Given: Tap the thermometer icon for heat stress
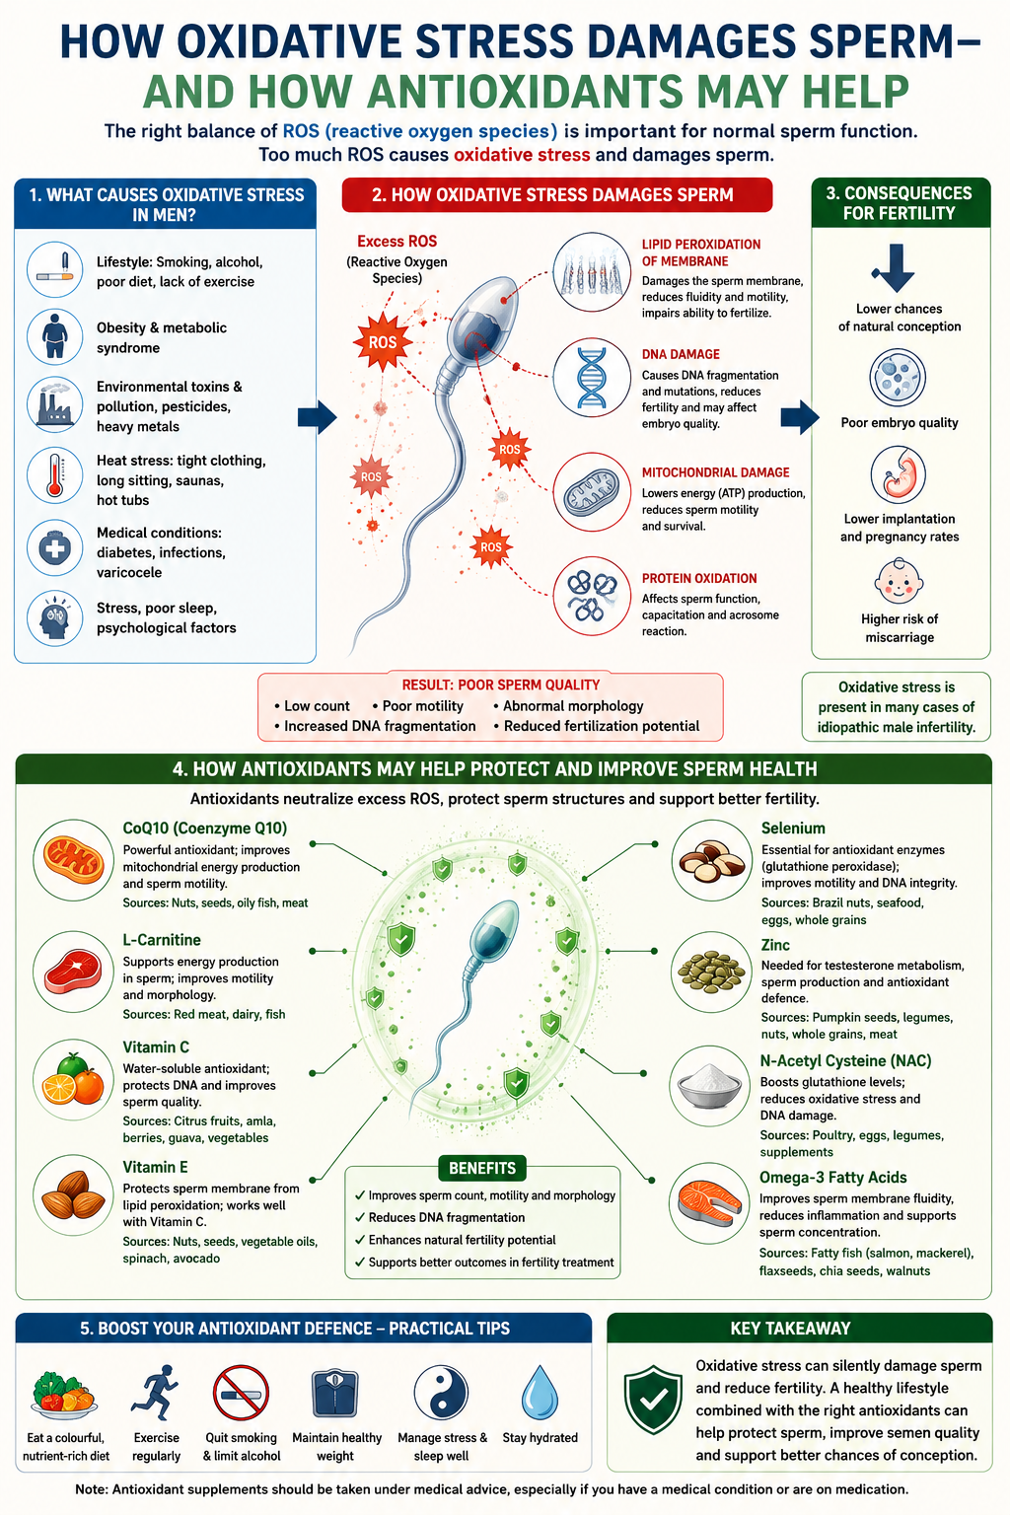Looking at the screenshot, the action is coord(55,474).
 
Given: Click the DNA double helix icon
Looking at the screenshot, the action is coord(592,378).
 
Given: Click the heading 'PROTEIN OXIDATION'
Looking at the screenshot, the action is coord(699,578).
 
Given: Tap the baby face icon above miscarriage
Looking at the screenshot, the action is coord(898,581).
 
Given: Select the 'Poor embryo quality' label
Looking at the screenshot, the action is coord(900,423).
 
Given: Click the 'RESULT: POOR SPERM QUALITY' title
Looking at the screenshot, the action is coord(501,685).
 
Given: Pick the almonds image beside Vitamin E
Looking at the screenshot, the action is coord(73,1194).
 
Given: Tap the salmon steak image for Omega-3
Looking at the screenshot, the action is coord(709,1203).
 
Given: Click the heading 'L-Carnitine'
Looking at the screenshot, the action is coord(161,939).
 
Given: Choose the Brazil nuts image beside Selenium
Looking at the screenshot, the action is coord(712,860).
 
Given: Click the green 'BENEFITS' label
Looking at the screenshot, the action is coord(482,1168).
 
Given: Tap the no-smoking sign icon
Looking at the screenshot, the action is coord(241,1394).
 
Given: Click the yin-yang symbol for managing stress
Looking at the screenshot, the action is coord(440,1393).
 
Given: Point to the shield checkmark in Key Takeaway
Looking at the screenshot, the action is coord(653,1400).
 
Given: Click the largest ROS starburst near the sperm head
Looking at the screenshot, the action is coord(383,341).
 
